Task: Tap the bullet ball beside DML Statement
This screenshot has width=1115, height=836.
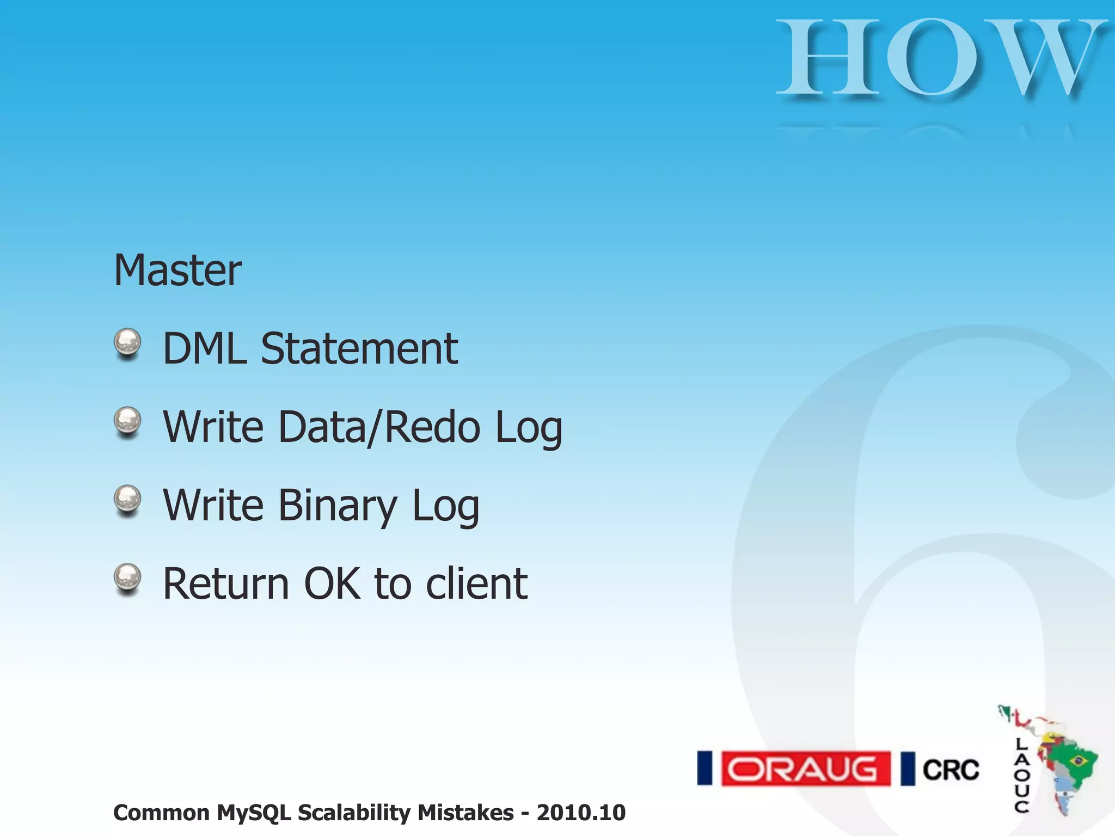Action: (127, 343)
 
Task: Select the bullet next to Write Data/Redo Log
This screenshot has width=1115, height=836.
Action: (127, 422)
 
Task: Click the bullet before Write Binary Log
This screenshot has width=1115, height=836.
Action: (127, 500)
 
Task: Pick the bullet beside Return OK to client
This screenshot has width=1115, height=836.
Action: (127, 579)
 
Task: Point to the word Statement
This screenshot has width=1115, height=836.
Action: (359, 348)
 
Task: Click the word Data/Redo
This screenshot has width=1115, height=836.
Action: (379, 427)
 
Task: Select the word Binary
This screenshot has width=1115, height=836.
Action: (338, 505)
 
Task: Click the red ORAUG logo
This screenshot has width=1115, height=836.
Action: (805, 769)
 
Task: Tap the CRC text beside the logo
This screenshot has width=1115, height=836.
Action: (951, 770)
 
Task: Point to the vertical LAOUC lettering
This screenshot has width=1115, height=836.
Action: (1021, 775)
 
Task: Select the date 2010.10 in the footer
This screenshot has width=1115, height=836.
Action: (581, 813)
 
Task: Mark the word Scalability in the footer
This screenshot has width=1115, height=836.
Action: (357, 813)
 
